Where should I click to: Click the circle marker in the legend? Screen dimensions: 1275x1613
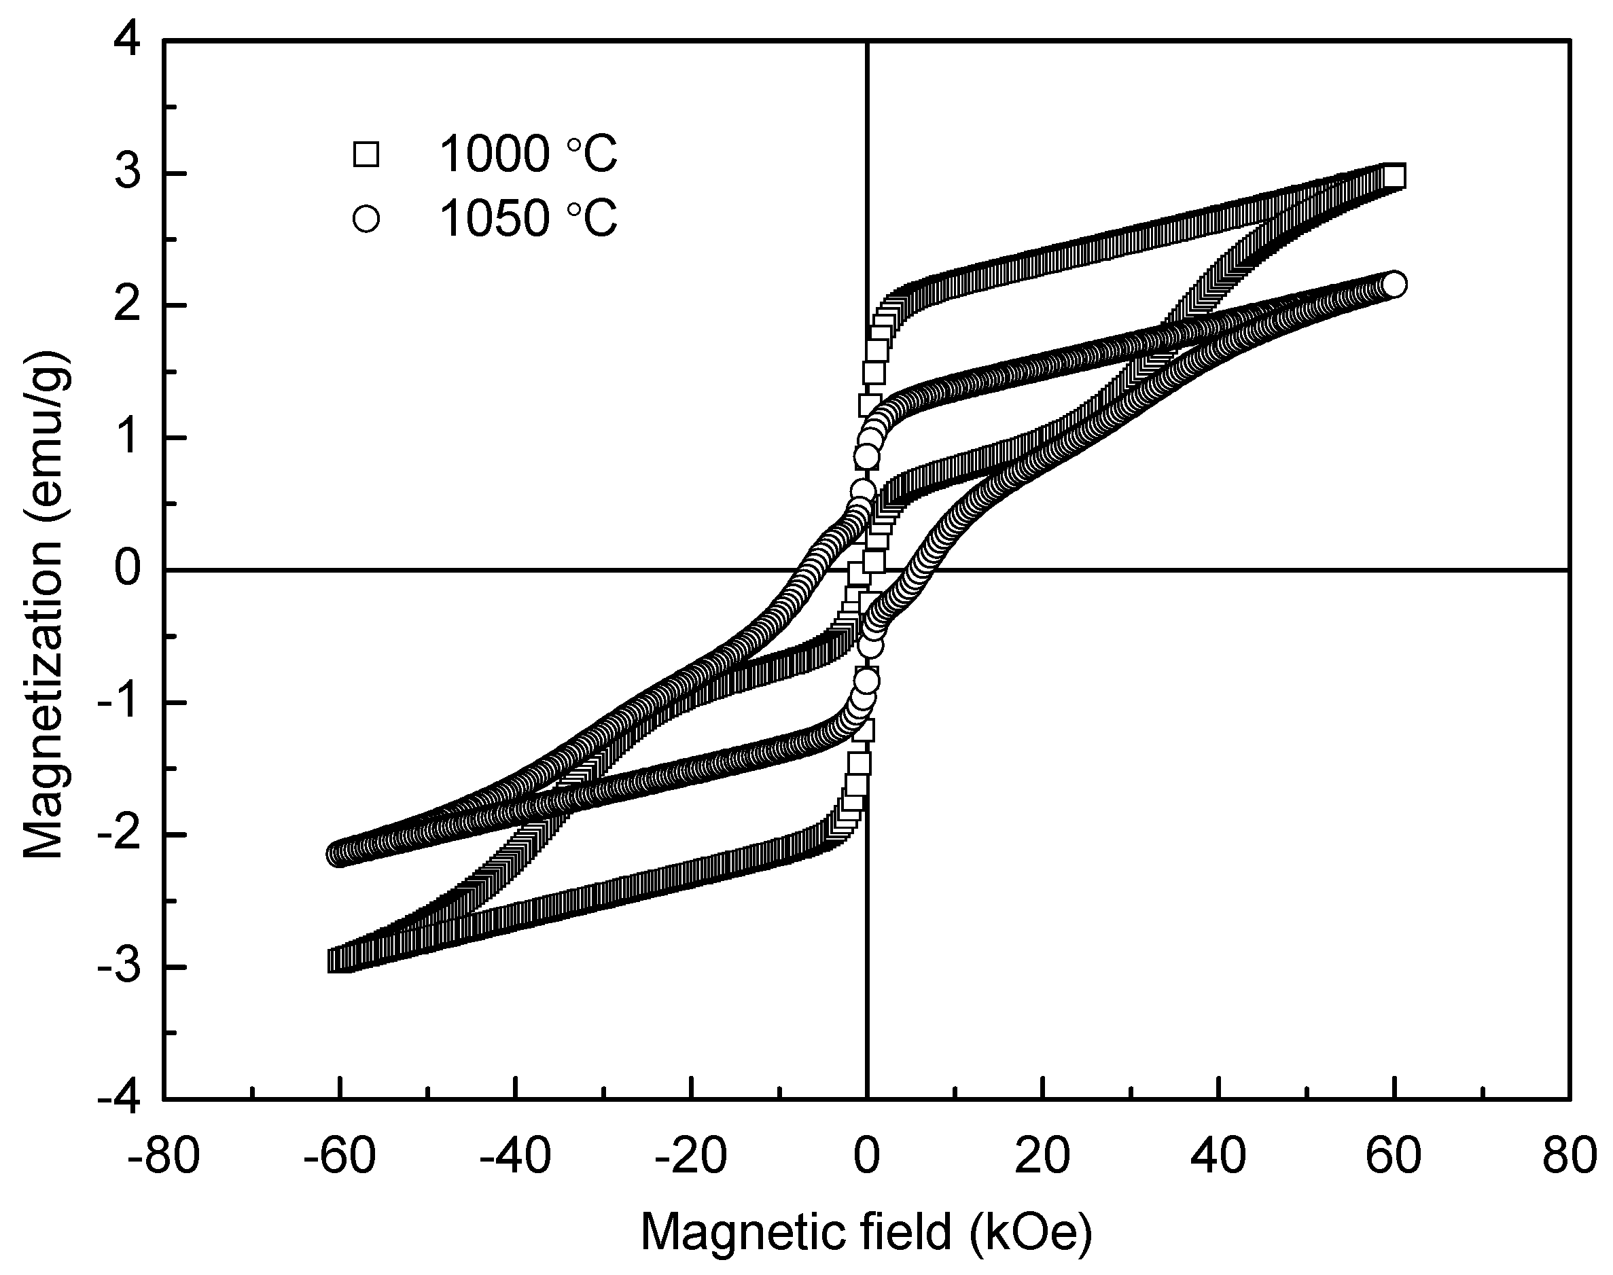pyautogui.click(x=366, y=219)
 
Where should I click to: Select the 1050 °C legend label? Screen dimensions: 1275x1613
pyautogui.click(x=528, y=219)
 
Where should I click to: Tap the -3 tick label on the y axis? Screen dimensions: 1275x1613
pyautogui.click(x=120, y=967)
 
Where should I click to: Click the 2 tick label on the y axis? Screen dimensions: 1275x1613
pyautogui.click(x=128, y=307)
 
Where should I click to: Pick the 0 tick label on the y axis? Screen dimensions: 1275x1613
pyautogui.click(x=128, y=571)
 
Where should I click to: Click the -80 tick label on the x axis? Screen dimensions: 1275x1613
pyautogui.click(x=164, y=1155)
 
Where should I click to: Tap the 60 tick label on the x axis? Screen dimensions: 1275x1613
pyautogui.click(x=1394, y=1155)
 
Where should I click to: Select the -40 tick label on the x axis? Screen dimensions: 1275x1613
pyautogui.click(x=515, y=1155)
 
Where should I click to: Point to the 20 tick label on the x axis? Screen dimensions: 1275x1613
pyautogui.click(x=1042, y=1155)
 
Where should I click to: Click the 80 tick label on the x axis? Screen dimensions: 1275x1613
pyautogui.click(x=1570, y=1155)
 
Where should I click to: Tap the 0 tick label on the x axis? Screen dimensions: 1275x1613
pyautogui.click(x=866, y=1155)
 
